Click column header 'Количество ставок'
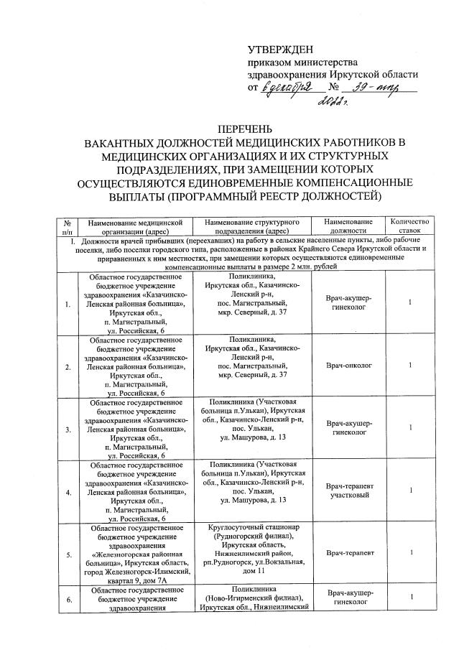click(x=409, y=226)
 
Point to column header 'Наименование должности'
click(x=348, y=226)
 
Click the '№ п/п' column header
click(x=67, y=226)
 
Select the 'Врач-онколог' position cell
click(x=348, y=366)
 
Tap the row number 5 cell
click(x=67, y=554)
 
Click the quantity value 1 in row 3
click(x=409, y=428)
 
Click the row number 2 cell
click(x=67, y=366)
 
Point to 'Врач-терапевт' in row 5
click(x=348, y=554)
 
